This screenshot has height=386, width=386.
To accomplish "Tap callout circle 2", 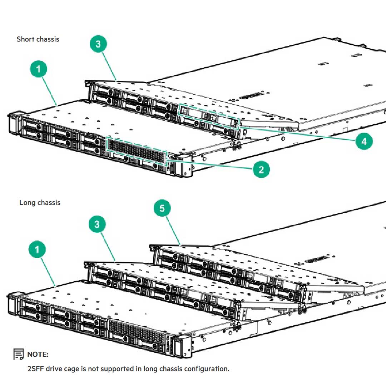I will [261, 169].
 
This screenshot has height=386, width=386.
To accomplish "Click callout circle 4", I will [364, 142].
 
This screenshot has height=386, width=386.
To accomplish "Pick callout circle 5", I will [162, 208].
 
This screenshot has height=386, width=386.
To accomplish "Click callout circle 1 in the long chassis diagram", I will [38, 250].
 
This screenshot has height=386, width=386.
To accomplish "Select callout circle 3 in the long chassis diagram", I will [97, 224].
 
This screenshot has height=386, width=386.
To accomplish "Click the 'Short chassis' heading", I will [38, 39].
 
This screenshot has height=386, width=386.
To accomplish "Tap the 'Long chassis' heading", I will [40, 203].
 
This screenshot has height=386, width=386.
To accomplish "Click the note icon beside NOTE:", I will [19, 354].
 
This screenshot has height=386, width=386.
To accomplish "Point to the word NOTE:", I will [38, 354].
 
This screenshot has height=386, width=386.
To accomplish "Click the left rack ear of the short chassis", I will [14, 123].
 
